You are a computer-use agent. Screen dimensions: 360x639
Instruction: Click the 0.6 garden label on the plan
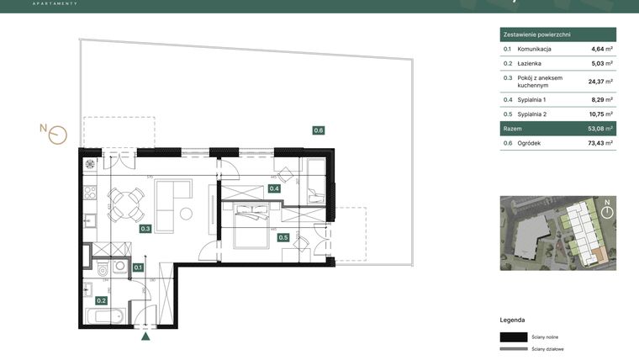tap(319, 130)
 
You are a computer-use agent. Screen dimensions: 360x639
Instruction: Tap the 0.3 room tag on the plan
tap(145, 228)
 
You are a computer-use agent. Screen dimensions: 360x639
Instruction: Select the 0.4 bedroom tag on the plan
tap(274, 188)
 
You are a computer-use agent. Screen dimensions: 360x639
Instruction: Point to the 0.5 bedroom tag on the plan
tap(283, 237)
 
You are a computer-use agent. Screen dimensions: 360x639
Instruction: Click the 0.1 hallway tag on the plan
tap(139, 267)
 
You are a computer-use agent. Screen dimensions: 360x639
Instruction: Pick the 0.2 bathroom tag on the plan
tap(101, 300)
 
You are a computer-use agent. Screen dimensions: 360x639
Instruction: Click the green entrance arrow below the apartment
tap(146, 337)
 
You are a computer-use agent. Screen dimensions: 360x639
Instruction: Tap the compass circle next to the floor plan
tap(57, 135)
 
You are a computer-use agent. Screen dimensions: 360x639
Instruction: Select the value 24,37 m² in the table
tap(599, 82)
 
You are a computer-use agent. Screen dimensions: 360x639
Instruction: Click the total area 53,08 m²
tap(599, 130)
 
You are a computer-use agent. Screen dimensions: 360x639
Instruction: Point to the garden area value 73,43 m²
tap(599, 144)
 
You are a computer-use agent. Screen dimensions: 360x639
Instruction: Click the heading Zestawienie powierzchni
tap(536, 34)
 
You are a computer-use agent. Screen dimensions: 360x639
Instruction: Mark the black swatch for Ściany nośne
tap(515, 336)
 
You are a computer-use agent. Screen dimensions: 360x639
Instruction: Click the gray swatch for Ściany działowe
tap(515, 348)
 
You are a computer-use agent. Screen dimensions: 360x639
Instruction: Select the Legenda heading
tap(512, 320)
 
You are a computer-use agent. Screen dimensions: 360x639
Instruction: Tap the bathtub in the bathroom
tap(105, 316)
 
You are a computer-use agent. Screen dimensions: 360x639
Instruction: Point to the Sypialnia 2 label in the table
tap(537, 114)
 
